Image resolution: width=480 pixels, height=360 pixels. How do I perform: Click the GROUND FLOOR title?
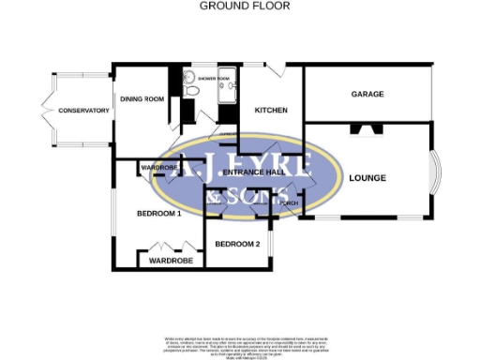(x=245, y=6)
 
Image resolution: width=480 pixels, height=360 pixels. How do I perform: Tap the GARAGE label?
(x=367, y=95)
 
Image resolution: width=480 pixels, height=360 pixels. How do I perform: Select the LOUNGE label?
(x=367, y=177)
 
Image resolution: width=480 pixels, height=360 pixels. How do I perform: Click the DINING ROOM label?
(x=142, y=98)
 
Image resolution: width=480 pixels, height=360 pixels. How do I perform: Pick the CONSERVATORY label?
(x=83, y=112)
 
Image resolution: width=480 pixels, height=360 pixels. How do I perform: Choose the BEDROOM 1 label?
(x=157, y=214)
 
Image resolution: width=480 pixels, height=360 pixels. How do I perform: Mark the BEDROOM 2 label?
(x=237, y=244)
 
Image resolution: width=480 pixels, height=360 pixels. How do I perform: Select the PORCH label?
(x=288, y=203)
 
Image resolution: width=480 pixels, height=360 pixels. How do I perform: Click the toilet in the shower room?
(x=189, y=91)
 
